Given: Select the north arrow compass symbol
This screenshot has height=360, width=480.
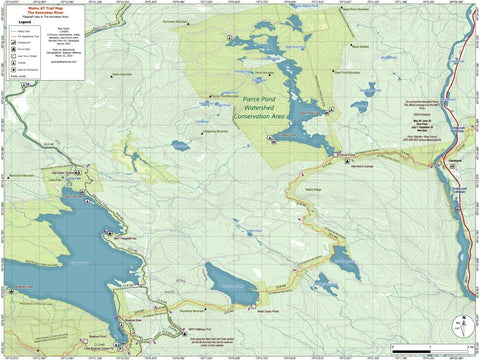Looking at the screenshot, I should pos(459,325).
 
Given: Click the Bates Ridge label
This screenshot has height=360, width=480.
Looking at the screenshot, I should pos(312,191).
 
